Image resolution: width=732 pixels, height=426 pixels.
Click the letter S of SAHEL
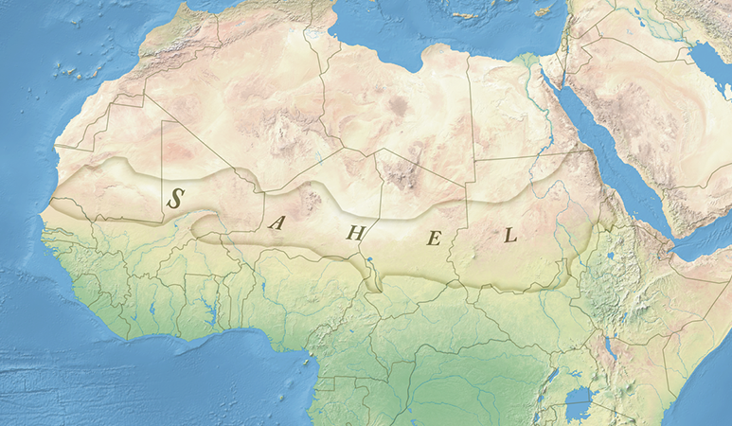175,198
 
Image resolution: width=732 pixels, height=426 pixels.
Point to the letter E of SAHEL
434,238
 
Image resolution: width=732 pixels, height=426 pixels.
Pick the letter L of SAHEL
510,236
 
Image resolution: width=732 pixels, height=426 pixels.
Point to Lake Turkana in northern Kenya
609,349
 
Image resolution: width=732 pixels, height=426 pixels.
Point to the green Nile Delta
529,62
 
